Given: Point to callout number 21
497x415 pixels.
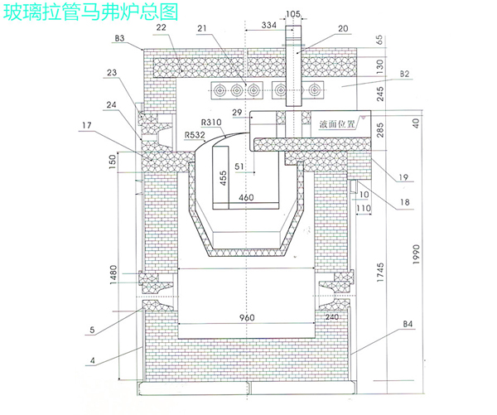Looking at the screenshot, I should [203, 28].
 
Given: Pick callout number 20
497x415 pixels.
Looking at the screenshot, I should [343, 28].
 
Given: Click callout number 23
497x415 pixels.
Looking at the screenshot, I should [113, 72].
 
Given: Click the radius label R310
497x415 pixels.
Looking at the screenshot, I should [212, 122].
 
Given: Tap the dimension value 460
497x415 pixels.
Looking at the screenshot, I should [246, 198].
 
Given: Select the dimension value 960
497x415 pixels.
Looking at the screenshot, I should [246, 319].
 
